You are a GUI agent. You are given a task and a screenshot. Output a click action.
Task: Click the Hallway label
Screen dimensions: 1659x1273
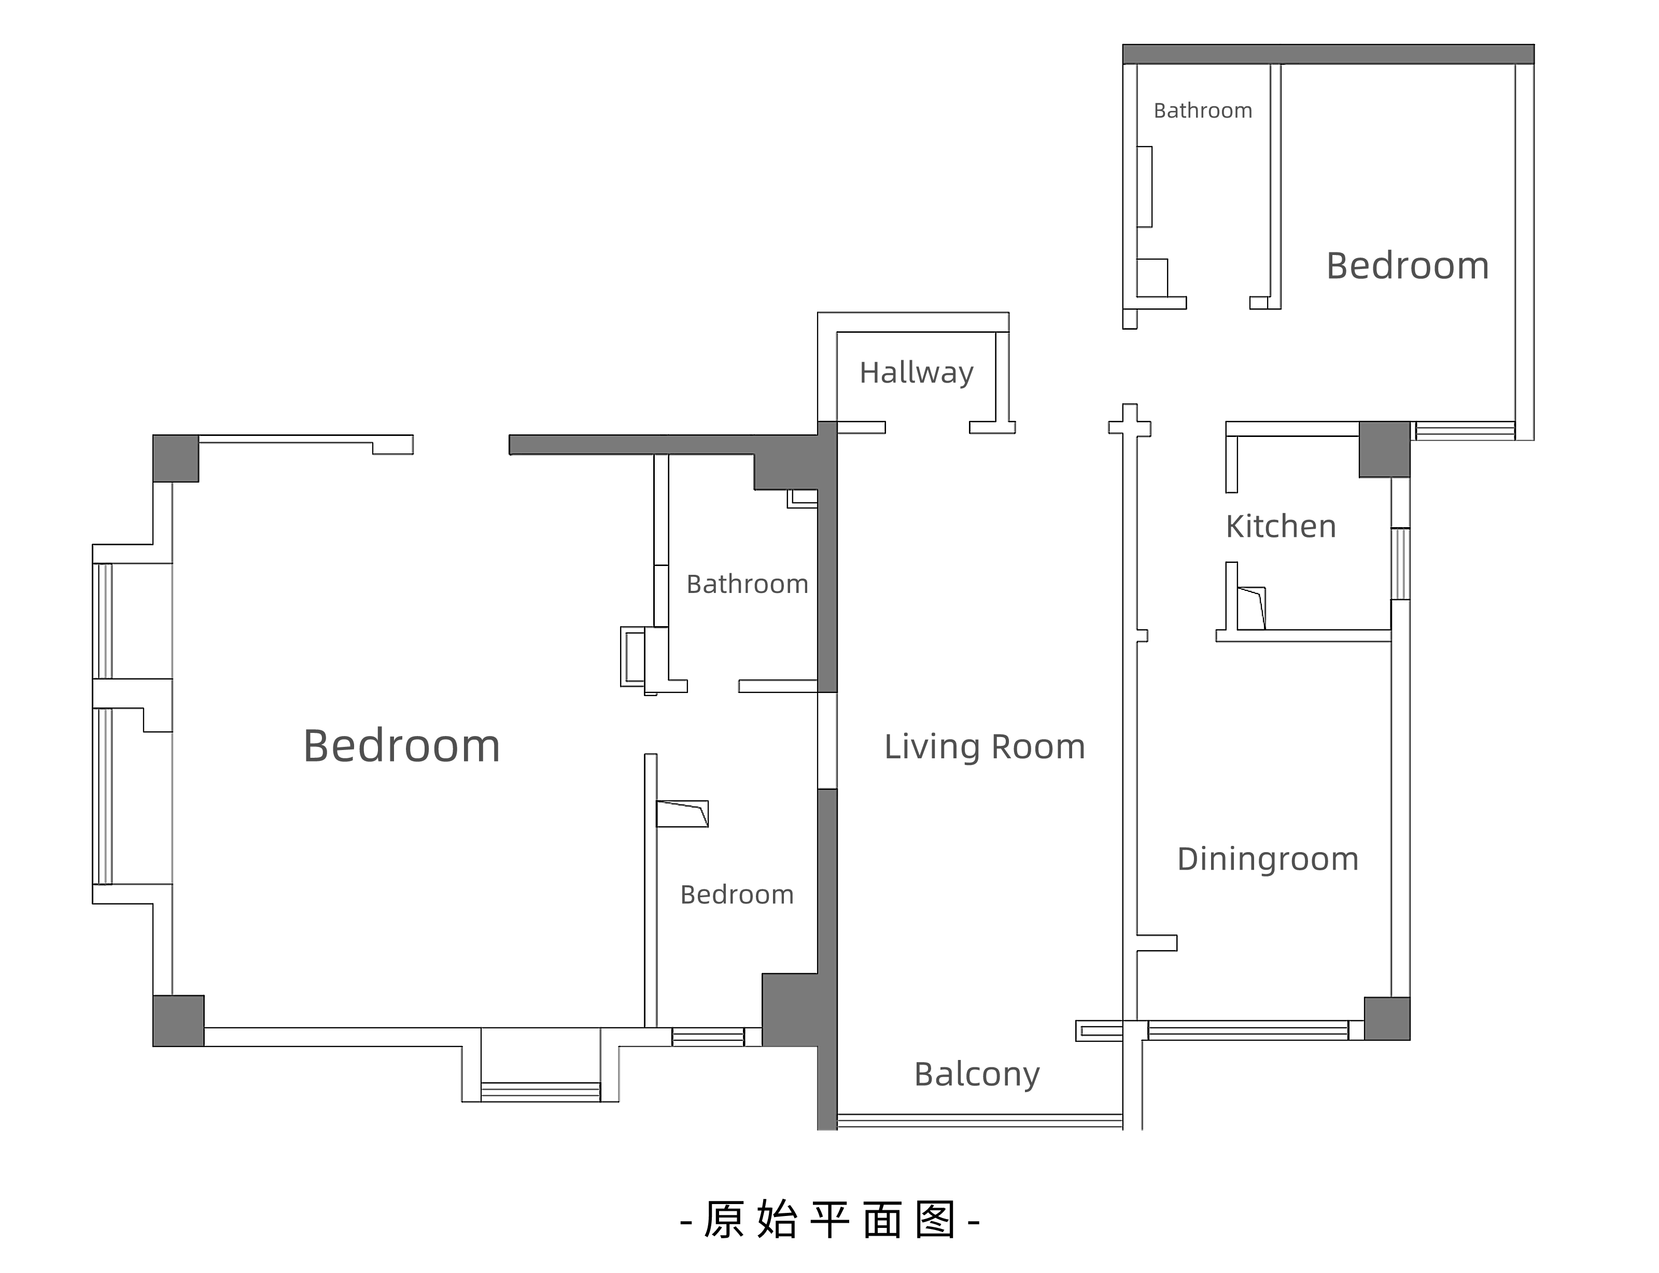coord(916,373)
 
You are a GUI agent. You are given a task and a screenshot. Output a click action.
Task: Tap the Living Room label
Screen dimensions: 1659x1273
coord(985,747)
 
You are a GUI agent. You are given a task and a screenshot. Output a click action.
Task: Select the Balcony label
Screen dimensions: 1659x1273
coord(977,1074)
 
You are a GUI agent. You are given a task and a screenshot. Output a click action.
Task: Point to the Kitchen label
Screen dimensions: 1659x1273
coord(1281,527)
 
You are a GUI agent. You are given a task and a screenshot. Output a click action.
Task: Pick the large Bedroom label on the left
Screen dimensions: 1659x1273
coord(402,746)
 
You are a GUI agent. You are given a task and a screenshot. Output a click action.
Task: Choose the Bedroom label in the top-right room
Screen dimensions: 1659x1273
coord(1408,266)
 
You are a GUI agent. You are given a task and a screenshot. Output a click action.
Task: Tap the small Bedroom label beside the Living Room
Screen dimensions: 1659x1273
coord(737,895)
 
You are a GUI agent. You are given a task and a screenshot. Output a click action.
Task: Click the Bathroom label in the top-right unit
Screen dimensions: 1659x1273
coord(1203,110)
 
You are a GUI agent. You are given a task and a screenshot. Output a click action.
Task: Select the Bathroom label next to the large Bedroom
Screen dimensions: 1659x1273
coord(747,584)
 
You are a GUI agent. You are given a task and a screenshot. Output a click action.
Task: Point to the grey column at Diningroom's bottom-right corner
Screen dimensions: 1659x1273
coord(1387,1019)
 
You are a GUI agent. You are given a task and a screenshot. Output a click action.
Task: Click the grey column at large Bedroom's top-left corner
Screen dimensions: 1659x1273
coord(176,458)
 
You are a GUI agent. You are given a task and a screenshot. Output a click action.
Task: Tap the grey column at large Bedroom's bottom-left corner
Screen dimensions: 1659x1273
coord(178,1021)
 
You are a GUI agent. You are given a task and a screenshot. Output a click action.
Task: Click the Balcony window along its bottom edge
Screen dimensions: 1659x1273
coord(979,1121)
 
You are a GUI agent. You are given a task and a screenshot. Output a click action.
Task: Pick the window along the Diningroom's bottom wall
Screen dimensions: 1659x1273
coord(1248,1030)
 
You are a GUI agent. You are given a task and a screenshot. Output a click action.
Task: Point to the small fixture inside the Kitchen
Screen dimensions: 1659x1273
coord(1252,607)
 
